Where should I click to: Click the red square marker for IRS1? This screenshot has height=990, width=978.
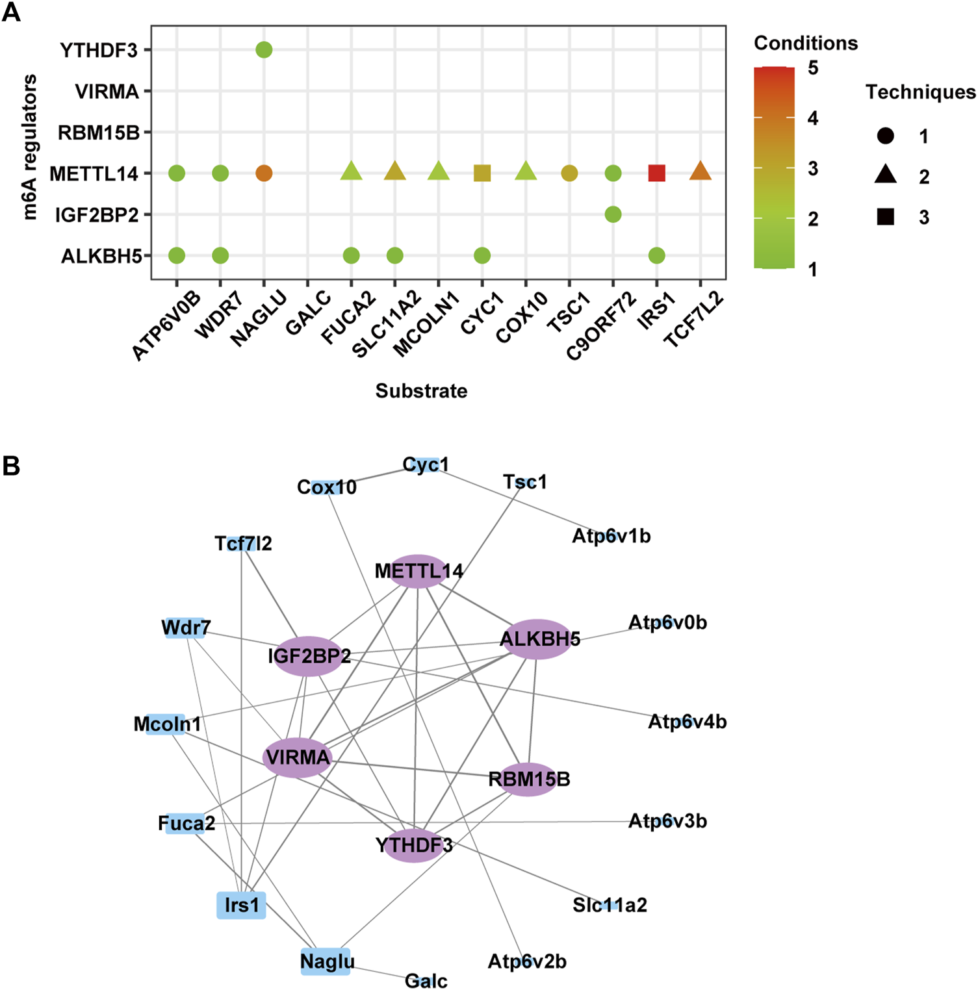click(x=656, y=173)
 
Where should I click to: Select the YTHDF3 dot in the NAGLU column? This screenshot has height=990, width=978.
click(x=264, y=50)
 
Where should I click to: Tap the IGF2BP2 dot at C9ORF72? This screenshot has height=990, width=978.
click(x=613, y=214)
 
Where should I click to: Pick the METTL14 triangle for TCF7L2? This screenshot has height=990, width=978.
click(x=700, y=172)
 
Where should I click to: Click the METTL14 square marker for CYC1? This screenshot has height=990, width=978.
click(x=482, y=173)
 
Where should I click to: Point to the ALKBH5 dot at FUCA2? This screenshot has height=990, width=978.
click(x=351, y=256)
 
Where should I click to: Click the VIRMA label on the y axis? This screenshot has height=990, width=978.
click(x=107, y=92)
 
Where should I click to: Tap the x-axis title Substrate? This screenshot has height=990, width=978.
click(x=421, y=391)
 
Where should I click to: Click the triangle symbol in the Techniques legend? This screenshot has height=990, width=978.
click(x=885, y=175)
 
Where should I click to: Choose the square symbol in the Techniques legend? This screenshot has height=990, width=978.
click(x=885, y=217)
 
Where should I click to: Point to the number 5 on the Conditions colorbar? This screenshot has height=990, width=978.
click(x=813, y=68)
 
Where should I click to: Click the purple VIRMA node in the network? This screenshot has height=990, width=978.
click(x=298, y=757)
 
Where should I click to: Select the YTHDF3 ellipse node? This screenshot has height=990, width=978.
click(x=414, y=845)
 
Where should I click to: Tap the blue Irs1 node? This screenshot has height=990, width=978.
click(x=241, y=905)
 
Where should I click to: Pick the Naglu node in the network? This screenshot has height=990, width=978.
click(x=326, y=961)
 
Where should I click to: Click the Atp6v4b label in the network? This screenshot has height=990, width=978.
click(x=687, y=722)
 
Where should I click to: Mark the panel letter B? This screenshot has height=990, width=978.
click(x=11, y=466)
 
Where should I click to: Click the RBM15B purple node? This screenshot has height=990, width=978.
click(x=529, y=779)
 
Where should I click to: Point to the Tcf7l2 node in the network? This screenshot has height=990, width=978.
click(x=243, y=543)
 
